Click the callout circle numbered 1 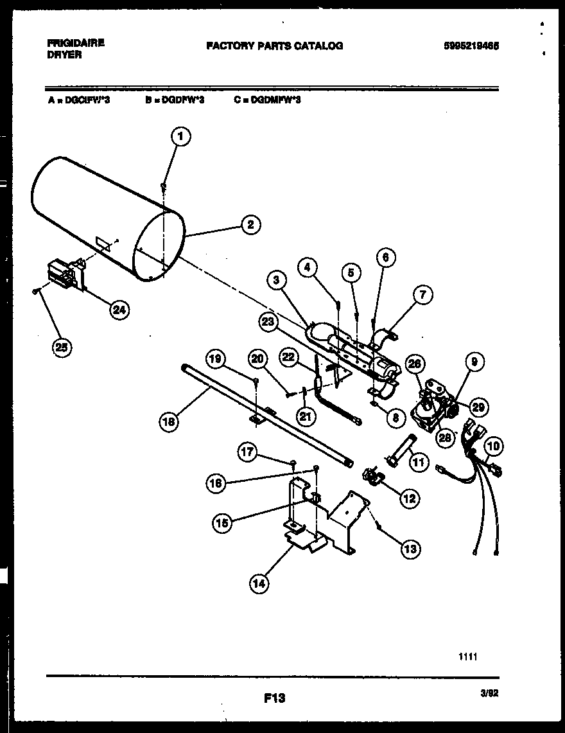point(182,136)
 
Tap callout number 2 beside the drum point(250,224)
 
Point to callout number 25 point(62,348)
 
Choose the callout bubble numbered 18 point(169,422)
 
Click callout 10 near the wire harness point(494,446)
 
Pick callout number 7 point(422,296)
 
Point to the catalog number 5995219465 point(471,46)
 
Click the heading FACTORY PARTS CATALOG point(274,46)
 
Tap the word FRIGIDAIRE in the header point(76,42)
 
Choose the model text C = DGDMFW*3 point(268,100)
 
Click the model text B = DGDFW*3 point(175,100)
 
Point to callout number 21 point(306,416)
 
